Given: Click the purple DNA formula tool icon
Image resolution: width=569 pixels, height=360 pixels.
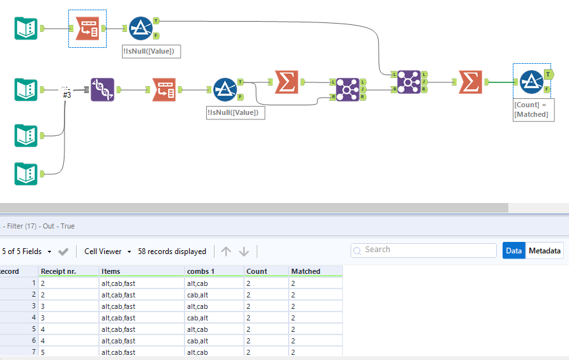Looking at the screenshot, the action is pyautogui.click(x=102, y=89).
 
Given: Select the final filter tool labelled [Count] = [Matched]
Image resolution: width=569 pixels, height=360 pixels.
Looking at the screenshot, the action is pyautogui.click(x=531, y=82).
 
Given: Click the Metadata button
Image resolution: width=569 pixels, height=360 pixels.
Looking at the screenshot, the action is pyautogui.click(x=544, y=250).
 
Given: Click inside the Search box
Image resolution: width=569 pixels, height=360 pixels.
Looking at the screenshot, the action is pyautogui.click(x=423, y=250).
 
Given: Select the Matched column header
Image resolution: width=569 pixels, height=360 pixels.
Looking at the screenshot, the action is pyautogui.click(x=305, y=271).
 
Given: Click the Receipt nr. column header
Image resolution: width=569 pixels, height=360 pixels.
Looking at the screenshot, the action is pyautogui.click(x=58, y=271).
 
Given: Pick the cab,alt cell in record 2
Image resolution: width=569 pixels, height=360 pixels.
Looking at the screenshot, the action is pyautogui.click(x=197, y=295).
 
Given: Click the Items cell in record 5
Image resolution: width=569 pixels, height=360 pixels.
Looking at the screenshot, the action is pyautogui.click(x=118, y=329).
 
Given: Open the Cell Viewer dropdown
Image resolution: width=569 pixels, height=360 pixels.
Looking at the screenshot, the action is pyautogui.click(x=107, y=251).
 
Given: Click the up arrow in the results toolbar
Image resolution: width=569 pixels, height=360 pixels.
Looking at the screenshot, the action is pyautogui.click(x=225, y=251).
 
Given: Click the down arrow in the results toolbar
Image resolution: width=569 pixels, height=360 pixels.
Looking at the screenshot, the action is pyautogui.click(x=244, y=251).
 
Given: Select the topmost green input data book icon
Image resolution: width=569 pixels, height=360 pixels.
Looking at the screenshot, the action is pyautogui.click(x=26, y=28).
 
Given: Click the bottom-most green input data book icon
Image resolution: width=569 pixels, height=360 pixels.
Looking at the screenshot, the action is pyautogui.click(x=26, y=174).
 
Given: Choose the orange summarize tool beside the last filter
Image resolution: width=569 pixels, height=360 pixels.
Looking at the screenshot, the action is pyautogui.click(x=470, y=82).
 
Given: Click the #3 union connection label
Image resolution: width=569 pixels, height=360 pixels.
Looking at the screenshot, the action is pyautogui.click(x=66, y=94).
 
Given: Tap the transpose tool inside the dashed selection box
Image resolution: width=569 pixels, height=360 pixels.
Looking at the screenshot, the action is pyautogui.click(x=87, y=28).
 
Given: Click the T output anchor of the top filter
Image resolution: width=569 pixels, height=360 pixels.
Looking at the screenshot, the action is pyautogui.click(x=156, y=20).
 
